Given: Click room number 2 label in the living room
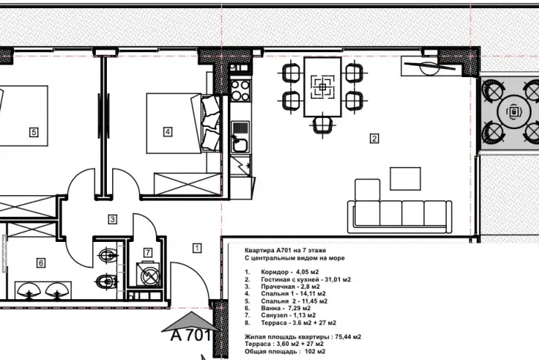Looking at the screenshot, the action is point(374,139).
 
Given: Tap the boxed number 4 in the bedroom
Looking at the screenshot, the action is point(167,131).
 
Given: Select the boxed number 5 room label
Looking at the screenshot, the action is point(33,132).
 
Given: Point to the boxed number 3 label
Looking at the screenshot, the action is point(112,219).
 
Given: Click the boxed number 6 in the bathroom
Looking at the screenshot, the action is point(41,263).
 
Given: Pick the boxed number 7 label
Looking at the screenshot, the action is point(148,252).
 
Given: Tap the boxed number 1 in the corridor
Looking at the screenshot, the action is point(197,248).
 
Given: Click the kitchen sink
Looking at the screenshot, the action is point(241,137).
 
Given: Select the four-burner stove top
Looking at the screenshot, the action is point(241,90).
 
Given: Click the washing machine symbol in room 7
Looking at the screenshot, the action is point(148,275).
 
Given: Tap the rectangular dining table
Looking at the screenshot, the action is point(322,87).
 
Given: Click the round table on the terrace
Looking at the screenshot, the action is point(514,111).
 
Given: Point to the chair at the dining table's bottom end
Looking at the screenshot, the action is point(322,125).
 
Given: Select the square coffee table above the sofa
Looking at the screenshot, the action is point(405,178).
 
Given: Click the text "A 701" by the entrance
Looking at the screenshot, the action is point(191,336).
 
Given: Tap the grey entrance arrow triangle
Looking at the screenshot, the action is point(190,321).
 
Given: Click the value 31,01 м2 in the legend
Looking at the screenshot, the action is point(338,280).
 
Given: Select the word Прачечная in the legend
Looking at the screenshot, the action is point(278,287).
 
